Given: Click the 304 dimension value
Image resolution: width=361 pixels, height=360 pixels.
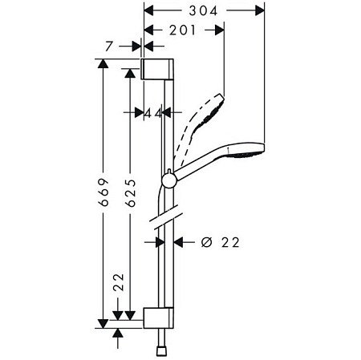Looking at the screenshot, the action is (x=203, y=11).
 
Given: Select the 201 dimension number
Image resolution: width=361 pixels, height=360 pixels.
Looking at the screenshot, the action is (x=182, y=30).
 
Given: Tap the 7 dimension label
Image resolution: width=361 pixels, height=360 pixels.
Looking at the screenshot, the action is (x=108, y=47).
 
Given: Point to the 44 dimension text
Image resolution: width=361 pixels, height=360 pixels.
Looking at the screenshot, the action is (x=153, y=114).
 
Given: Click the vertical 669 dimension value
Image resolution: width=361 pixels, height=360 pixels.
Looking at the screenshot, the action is (x=103, y=192).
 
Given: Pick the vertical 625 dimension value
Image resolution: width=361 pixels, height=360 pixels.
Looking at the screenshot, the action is (x=131, y=192).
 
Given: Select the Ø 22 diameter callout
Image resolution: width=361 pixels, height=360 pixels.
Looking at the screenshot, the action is (x=220, y=242).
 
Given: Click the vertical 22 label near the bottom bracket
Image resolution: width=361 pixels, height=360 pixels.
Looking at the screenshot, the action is (x=119, y=282).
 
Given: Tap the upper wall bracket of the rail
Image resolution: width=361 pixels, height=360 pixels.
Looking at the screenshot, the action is (x=157, y=69).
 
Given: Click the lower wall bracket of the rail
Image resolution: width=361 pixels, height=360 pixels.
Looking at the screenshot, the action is (x=159, y=318).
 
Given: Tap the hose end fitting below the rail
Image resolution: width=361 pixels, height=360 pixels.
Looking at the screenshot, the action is (x=160, y=351).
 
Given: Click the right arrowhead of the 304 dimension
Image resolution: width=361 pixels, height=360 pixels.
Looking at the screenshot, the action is (x=259, y=11).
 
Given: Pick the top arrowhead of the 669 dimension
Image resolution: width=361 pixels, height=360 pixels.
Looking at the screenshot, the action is (x=103, y=64).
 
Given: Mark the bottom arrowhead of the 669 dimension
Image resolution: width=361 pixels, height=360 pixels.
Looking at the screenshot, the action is (x=103, y=324).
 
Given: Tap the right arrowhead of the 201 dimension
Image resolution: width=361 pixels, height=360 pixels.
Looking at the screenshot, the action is (x=219, y=30).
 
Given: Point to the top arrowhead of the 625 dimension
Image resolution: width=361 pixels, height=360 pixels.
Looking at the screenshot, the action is (x=130, y=73).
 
